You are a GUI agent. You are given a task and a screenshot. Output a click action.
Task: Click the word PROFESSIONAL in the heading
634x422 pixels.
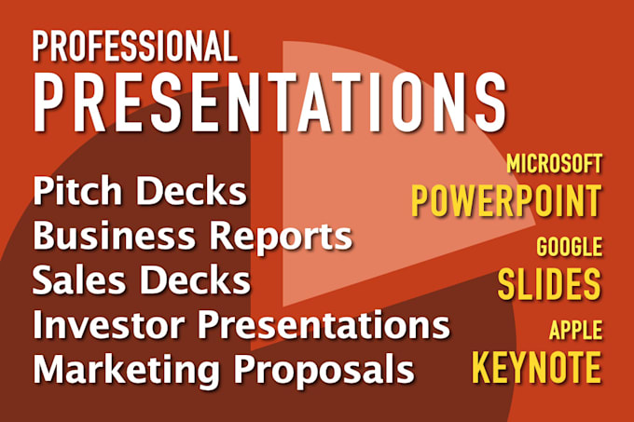pos(134,46)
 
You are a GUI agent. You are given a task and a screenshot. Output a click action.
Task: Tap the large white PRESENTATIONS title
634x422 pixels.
pos(269,102)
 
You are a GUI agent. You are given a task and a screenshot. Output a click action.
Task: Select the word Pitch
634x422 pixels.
pos(77,191)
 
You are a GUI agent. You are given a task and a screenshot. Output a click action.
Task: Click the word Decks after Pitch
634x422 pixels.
pos(191,191)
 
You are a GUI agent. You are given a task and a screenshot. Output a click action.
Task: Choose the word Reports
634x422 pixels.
pos(281,238)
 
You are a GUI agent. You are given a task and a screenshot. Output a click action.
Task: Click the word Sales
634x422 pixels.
pos(79,279)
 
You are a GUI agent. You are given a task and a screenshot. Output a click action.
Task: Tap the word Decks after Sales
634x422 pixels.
pos(195,279)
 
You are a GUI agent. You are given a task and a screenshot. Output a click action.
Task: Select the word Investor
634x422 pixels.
pos(108,324)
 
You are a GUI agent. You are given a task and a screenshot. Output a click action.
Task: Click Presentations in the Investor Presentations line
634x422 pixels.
pos(324,326)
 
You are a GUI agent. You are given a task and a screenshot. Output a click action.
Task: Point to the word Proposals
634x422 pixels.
pos(324,371)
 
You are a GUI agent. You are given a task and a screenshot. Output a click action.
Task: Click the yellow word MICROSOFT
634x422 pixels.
pos(555,164)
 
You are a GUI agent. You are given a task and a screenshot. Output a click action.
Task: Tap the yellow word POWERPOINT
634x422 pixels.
pos(506,200)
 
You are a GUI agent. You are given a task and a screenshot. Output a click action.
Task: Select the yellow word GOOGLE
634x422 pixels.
pos(570,246)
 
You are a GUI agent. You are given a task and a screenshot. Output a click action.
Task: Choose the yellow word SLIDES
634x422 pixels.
pos(549,284)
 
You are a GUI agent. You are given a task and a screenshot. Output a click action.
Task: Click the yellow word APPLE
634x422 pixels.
pos(576,330)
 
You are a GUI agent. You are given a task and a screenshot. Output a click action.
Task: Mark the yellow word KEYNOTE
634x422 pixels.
pos(536,367)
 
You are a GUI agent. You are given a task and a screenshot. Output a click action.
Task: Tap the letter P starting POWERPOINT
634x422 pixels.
pos(420,200)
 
